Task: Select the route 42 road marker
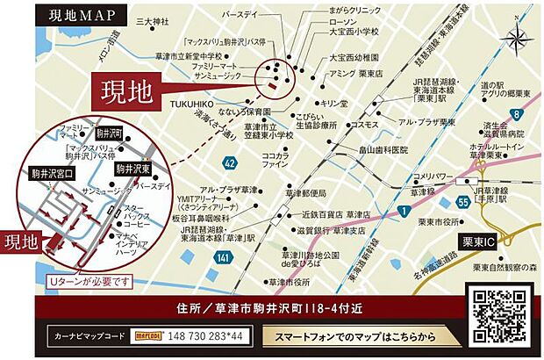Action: (230, 162)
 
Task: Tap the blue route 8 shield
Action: (518, 113)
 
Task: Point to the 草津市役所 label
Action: (290, 283)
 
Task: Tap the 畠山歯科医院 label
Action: (377, 150)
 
